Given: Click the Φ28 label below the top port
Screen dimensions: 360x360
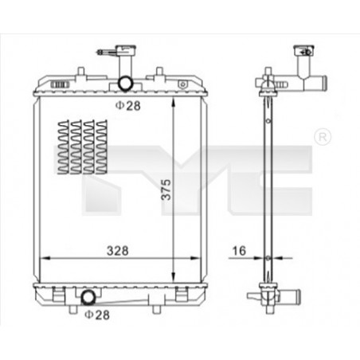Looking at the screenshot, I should (127, 104).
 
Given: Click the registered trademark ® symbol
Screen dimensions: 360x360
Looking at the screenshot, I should (323, 136).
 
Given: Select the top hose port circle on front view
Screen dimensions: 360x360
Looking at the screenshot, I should (126, 84).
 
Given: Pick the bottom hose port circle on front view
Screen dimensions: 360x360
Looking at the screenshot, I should (88, 298).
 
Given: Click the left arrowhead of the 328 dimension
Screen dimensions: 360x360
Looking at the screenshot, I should (44, 258).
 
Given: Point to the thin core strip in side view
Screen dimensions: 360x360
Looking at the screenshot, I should (268, 183).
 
